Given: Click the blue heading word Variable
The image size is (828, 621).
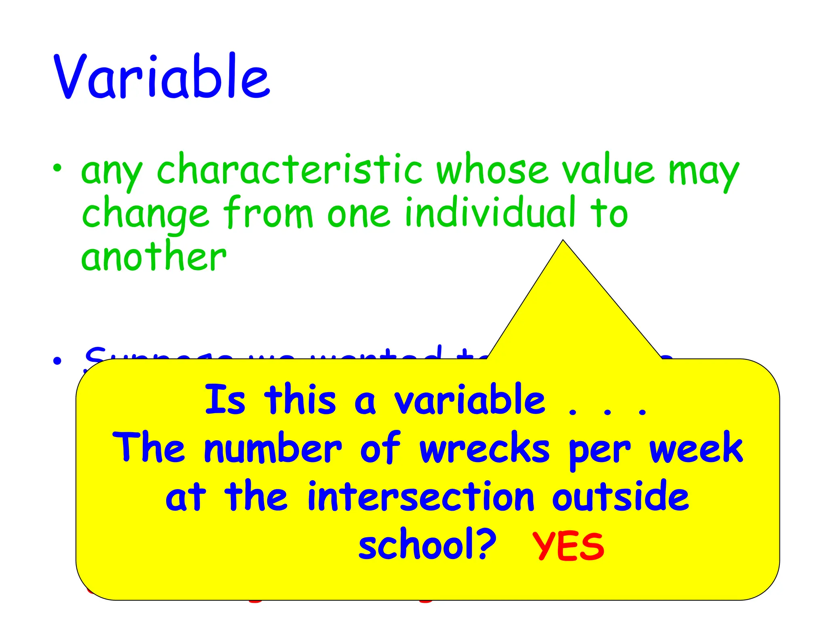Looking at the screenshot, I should [x=162, y=77].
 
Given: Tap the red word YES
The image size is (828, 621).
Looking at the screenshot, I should [x=568, y=547].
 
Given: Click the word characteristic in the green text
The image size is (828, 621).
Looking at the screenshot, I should [x=289, y=170].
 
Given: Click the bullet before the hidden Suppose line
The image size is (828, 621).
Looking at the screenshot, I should [x=57, y=360].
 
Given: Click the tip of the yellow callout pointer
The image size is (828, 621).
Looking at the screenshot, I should [x=563, y=241].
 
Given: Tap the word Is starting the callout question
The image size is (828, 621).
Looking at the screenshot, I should [x=225, y=400].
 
